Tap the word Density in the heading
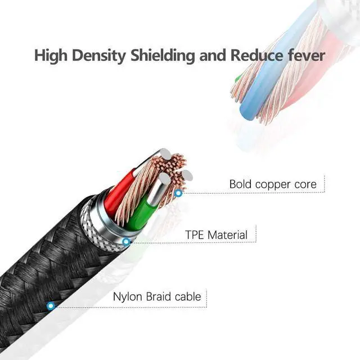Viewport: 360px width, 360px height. click(x=97, y=56)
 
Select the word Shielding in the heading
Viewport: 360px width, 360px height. click(x=159, y=56)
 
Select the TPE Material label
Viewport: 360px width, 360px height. click(x=216, y=234)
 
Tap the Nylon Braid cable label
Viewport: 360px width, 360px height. click(x=156, y=297)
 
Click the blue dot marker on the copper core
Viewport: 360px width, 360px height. click(x=178, y=193)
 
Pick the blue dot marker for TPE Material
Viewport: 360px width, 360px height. click(x=126, y=242)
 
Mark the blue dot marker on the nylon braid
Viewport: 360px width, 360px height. click(x=51, y=306)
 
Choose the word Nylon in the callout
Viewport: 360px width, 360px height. click(x=128, y=297)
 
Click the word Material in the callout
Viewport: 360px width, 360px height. click(x=227, y=234)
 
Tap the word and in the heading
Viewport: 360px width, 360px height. click(x=208, y=56)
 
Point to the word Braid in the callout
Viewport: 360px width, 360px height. click(x=158, y=297)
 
